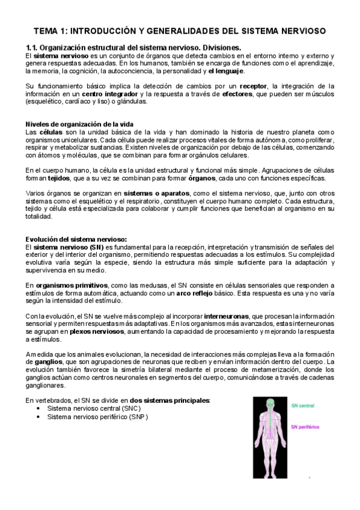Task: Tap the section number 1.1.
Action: tap(32, 48)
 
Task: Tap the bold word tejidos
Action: tap(61, 179)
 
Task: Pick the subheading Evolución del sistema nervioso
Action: tap(76, 239)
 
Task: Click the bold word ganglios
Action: tap(51, 363)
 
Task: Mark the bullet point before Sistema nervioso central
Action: tap(38, 409)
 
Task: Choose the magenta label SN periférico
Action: tap(305, 428)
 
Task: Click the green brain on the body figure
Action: tap(271, 401)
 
